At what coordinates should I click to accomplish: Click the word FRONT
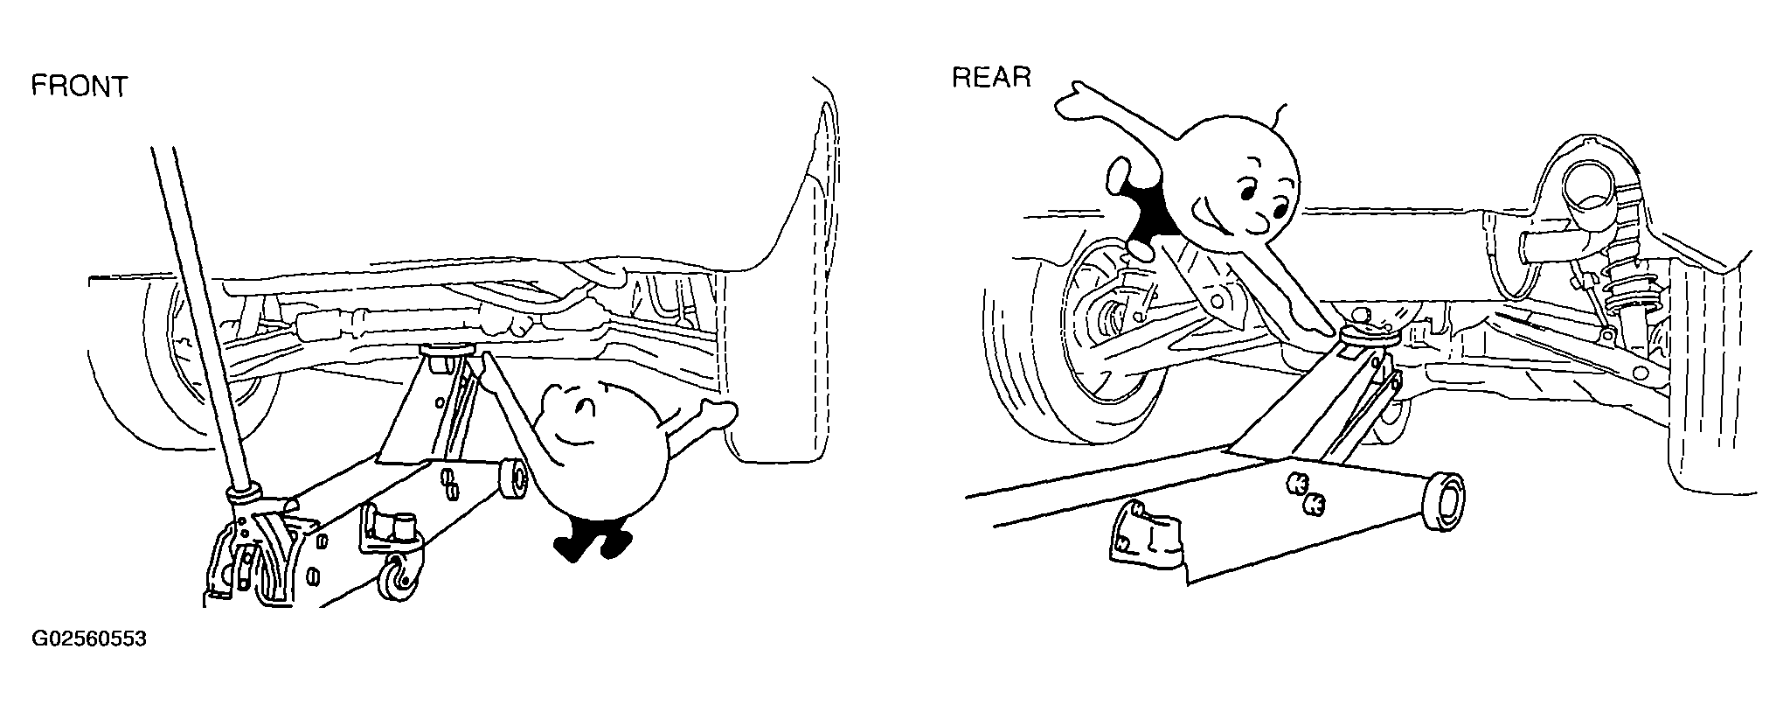(x=80, y=87)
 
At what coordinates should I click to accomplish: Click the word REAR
(x=991, y=78)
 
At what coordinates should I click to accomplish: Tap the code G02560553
(x=89, y=639)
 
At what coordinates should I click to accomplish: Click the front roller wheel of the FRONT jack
(x=514, y=480)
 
